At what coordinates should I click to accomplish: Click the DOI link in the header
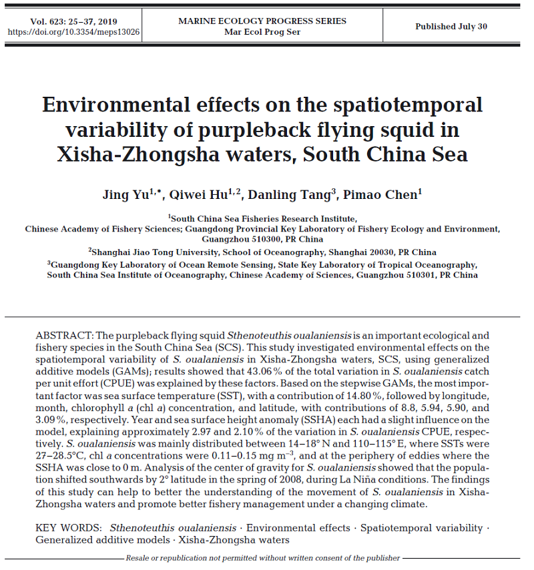pyautogui.click(x=74, y=31)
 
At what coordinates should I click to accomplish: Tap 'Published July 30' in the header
pyautogui.click(x=451, y=27)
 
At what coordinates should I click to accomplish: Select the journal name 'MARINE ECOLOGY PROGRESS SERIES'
pyautogui.click(x=262, y=21)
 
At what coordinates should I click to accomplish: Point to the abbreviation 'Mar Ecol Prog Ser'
pyautogui.click(x=262, y=31)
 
